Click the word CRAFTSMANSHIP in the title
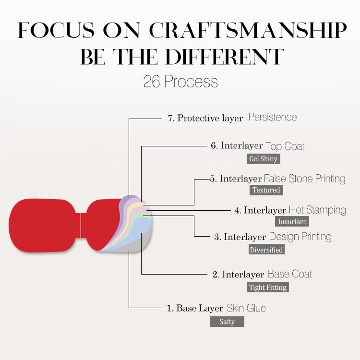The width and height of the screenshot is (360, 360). click(x=248, y=30)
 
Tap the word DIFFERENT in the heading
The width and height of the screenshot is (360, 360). click(x=225, y=57)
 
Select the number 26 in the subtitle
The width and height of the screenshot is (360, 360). click(x=152, y=82)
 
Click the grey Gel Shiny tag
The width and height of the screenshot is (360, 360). click(x=264, y=159)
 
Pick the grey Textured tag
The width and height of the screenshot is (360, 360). click(x=266, y=190)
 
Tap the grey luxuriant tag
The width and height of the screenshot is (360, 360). click(x=292, y=222)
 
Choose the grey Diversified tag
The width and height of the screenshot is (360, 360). click(x=266, y=249)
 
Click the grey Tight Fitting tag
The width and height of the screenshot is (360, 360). click(x=268, y=287)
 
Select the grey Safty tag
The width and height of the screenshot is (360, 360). click(x=227, y=322)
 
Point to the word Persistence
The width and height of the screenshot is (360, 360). click(x=273, y=117)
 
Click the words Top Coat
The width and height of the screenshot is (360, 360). click(x=285, y=146)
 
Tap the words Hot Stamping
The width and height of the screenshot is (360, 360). click(x=317, y=210)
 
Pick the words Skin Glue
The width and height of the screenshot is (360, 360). click(x=246, y=308)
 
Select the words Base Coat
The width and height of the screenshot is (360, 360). click(x=290, y=274)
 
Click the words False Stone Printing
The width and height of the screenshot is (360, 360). click(x=305, y=179)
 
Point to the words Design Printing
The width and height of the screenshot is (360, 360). click(x=300, y=237)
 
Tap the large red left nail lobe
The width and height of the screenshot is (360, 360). click(x=42, y=226)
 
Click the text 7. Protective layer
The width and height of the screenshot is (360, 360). click(x=205, y=118)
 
